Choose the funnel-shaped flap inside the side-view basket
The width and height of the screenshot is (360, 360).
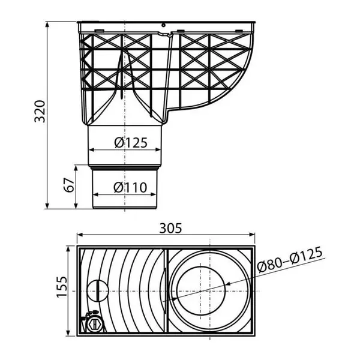tap(122, 78)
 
